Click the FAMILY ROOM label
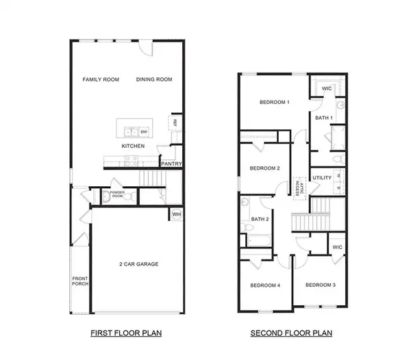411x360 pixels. pyautogui.click(x=101, y=80)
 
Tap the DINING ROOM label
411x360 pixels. pyautogui.click(x=154, y=80)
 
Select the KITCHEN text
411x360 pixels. pyautogui.click(x=133, y=146)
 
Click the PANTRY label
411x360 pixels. pyautogui.click(x=171, y=164)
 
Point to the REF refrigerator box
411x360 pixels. pyautogui.click(x=175, y=123)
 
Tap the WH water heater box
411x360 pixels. pyautogui.click(x=175, y=214)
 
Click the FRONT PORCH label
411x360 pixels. pyautogui.click(x=80, y=281)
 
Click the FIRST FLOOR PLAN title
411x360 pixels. pyautogui.click(x=127, y=334)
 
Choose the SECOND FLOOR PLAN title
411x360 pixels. pyautogui.click(x=291, y=334)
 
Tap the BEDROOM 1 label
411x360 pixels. pyautogui.click(x=274, y=103)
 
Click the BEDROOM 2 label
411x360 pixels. pyautogui.click(x=264, y=168)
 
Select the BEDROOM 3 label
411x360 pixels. pyautogui.click(x=320, y=285)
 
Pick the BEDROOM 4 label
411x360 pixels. pyautogui.click(x=265, y=285)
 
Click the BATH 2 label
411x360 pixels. pyautogui.click(x=259, y=219)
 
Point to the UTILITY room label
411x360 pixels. pyautogui.click(x=322, y=179)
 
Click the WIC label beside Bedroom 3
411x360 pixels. pyautogui.click(x=336, y=247)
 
